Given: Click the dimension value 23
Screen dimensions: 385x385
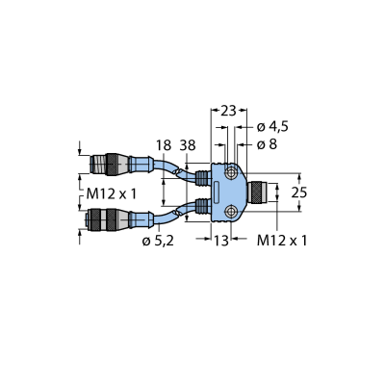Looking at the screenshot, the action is [228, 111].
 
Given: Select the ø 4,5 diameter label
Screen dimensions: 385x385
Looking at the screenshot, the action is [272, 127].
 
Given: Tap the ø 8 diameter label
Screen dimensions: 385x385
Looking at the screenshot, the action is [267, 144].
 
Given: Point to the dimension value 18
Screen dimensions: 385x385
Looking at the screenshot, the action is [164, 145].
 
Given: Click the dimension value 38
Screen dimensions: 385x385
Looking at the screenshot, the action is [188, 145].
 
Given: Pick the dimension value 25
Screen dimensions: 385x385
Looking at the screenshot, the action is [299, 192].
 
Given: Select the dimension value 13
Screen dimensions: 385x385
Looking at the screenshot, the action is [221, 241].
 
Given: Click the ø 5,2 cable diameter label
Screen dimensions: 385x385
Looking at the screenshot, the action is [158, 241].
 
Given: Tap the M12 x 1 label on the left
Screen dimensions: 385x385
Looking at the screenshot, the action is [112, 193].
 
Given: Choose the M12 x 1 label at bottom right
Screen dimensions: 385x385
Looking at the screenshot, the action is [282, 241].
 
